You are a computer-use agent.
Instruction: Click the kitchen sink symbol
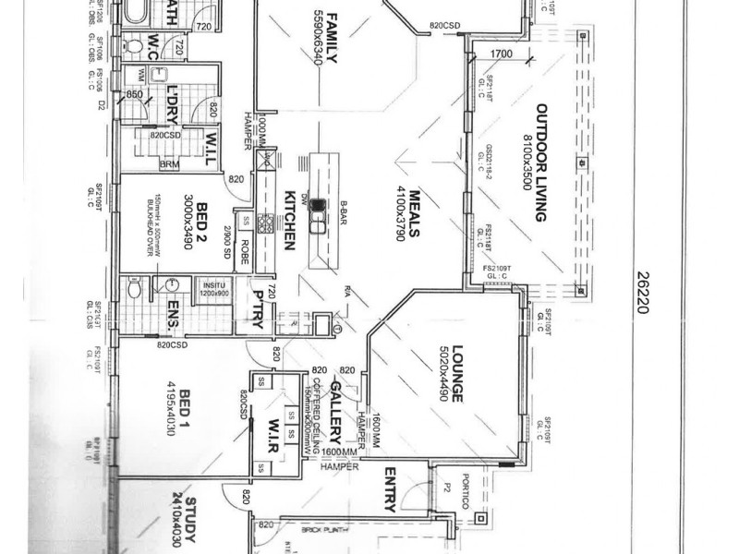318,214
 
